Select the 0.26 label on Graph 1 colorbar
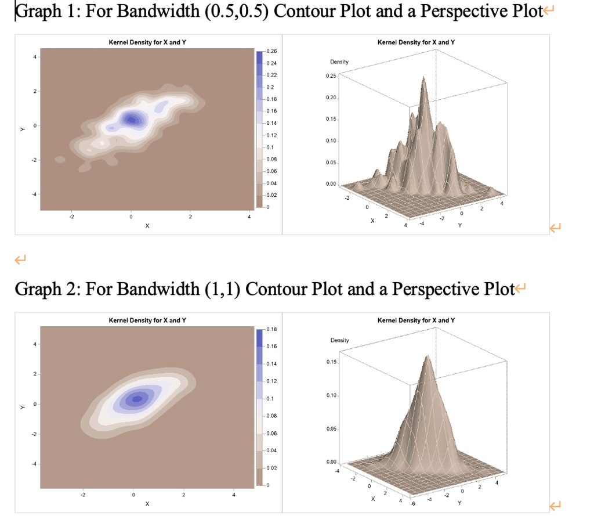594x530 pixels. point(271,51)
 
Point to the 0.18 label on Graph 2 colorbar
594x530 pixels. point(271,329)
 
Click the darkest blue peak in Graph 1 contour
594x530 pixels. point(131,120)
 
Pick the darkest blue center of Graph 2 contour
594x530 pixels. point(137,398)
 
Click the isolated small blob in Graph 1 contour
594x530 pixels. point(60,160)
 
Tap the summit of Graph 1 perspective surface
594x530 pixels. point(423,77)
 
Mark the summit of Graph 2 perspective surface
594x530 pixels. point(428,356)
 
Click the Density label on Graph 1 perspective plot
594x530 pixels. point(339,62)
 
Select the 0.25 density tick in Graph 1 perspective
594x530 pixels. point(331,76)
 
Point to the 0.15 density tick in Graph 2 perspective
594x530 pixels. point(331,362)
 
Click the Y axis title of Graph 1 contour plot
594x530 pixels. point(23,129)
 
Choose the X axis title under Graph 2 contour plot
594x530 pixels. point(147,504)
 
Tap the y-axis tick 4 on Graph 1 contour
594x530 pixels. point(34,57)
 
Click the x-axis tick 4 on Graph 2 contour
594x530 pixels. point(234,495)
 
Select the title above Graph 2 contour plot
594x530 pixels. point(147,320)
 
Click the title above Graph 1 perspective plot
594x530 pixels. point(416,42)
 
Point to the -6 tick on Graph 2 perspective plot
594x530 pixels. point(412,503)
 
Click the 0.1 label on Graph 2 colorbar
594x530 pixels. point(270,398)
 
